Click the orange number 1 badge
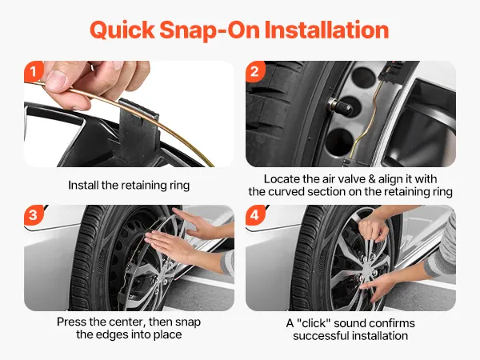pos(33,72)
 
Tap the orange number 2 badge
pos(254,72)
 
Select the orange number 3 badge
pos(33,215)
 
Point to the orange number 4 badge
pos(254,215)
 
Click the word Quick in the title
pos(122,30)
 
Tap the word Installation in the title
pos(326,30)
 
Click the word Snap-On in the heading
pos(210,30)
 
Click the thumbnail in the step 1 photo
pos(56,79)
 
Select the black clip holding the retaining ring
pos(139,129)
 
